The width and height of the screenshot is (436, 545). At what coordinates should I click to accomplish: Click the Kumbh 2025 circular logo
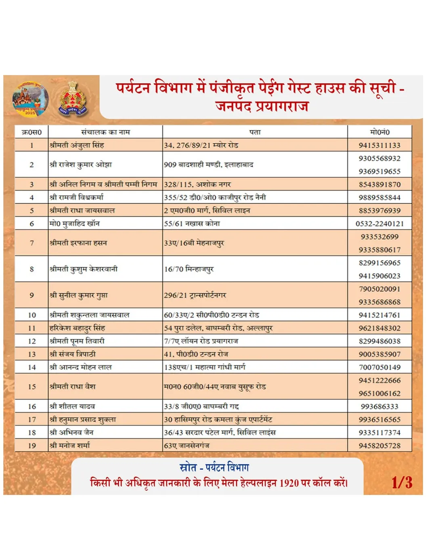pyautogui.click(x=30, y=99)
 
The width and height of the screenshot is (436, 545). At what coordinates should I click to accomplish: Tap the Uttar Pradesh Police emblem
pyautogui.click(x=73, y=99)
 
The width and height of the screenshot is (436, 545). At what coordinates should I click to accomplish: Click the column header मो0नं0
pyautogui.click(x=379, y=132)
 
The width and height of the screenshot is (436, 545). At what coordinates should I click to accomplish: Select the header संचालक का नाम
pyautogui.click(x=105, y=132)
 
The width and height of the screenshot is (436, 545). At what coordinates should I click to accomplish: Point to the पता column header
pyautogui.click(x=255, y=132)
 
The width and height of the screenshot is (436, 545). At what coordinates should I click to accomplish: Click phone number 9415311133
pyautogui.click(x=379, y=145)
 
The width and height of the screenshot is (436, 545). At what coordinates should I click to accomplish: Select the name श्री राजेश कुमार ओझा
pyautogui.click(x=81, y=165)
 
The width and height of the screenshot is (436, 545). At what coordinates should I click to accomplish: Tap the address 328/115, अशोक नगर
pyautogui.click(x=197, y=184)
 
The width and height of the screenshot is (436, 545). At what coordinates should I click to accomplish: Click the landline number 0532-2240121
pyautogui.click(x=379, y=224)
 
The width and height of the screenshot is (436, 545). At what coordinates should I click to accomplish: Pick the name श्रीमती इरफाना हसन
pyautogui.click(x=78, y=243)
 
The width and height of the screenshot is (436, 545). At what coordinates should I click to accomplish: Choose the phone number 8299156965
pyautogui.click(x=379, y=263)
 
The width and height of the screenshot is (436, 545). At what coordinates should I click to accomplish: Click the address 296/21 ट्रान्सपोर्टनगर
pyautogui.click(x=195, y=296)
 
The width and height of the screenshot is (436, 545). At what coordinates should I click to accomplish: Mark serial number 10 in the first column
pyautogui.click(x=32, y=315)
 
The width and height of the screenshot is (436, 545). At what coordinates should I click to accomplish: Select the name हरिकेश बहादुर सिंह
pyautogui.click(x=77, y=328)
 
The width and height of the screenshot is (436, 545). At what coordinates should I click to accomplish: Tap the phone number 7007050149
pyautogui.click(x=379, y=367)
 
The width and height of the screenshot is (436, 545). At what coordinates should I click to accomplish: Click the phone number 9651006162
pyautogui.click(x=379, y=394)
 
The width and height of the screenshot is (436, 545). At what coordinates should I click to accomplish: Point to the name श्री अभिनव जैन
pyautogui.click(x=71, y=432)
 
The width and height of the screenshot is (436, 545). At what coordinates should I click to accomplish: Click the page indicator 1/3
pyautogui.click(x=402, y=483)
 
